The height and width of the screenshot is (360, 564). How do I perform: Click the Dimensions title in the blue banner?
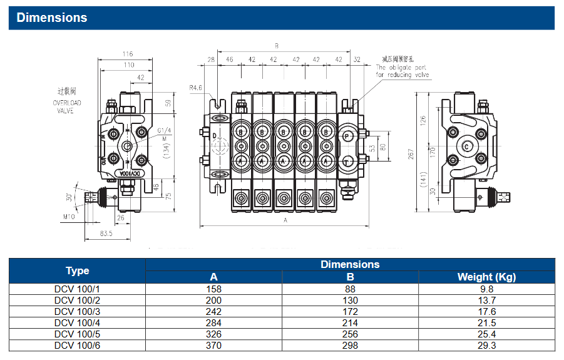click(52, 18)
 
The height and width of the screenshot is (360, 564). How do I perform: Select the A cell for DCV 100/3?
click(214, 311)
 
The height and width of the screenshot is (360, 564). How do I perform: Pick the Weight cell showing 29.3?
click(486, 345)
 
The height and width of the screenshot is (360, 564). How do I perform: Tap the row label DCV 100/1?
click(77, 289)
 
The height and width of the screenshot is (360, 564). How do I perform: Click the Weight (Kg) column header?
click(486, 277)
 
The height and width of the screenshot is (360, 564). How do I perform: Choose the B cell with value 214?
click(351, 322)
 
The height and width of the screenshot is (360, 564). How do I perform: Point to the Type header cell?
click(77, 270)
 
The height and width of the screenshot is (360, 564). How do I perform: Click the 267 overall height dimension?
click(412, 153)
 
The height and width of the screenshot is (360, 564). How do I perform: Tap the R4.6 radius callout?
click(195, 88)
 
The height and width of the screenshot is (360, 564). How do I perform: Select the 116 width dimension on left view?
click(128, 54)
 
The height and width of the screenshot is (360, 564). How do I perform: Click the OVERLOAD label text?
click(67, 103)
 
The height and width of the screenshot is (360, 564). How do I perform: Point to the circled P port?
click(347, 135)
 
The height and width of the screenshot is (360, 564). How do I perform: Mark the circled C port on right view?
click(466, 147)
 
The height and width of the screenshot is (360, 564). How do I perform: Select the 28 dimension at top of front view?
click(210, 60)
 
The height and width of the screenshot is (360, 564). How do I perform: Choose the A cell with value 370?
click(214, 345)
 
